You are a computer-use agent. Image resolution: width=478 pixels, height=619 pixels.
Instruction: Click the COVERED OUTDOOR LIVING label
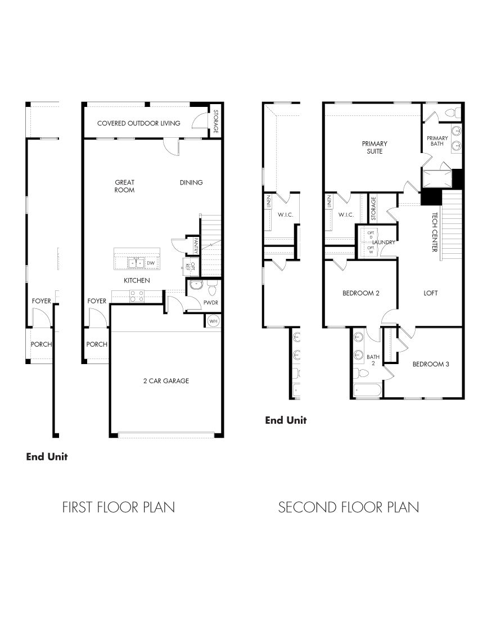point(138,123)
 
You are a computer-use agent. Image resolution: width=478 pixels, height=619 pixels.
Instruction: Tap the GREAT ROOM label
point(124,186)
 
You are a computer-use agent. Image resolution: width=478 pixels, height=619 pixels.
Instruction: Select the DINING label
point(191,182)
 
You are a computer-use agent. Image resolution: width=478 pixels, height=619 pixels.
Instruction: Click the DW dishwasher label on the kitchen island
point(150,263)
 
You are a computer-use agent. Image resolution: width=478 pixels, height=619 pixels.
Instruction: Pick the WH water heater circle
point(213,321)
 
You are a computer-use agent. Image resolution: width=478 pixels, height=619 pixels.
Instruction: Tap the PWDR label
point(211,302)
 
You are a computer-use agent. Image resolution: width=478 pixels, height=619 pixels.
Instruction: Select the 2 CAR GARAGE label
point(165,381)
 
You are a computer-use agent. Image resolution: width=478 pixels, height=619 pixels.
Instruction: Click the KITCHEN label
point(137,280)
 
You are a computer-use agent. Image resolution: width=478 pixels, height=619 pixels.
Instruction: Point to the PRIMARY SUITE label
point(375,147)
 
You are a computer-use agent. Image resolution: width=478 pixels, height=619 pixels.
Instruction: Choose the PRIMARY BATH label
point(437,141)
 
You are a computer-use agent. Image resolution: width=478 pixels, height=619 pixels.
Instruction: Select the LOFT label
point(431,293)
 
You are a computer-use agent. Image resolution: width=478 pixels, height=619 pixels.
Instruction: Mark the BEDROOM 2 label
point(362,293)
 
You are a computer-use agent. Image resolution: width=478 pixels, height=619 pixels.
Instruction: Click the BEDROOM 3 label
point(431,364)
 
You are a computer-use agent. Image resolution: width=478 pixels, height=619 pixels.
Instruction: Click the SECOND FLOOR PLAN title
point(349,508)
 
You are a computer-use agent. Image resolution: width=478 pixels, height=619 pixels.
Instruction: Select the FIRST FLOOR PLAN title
point(118,508)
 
